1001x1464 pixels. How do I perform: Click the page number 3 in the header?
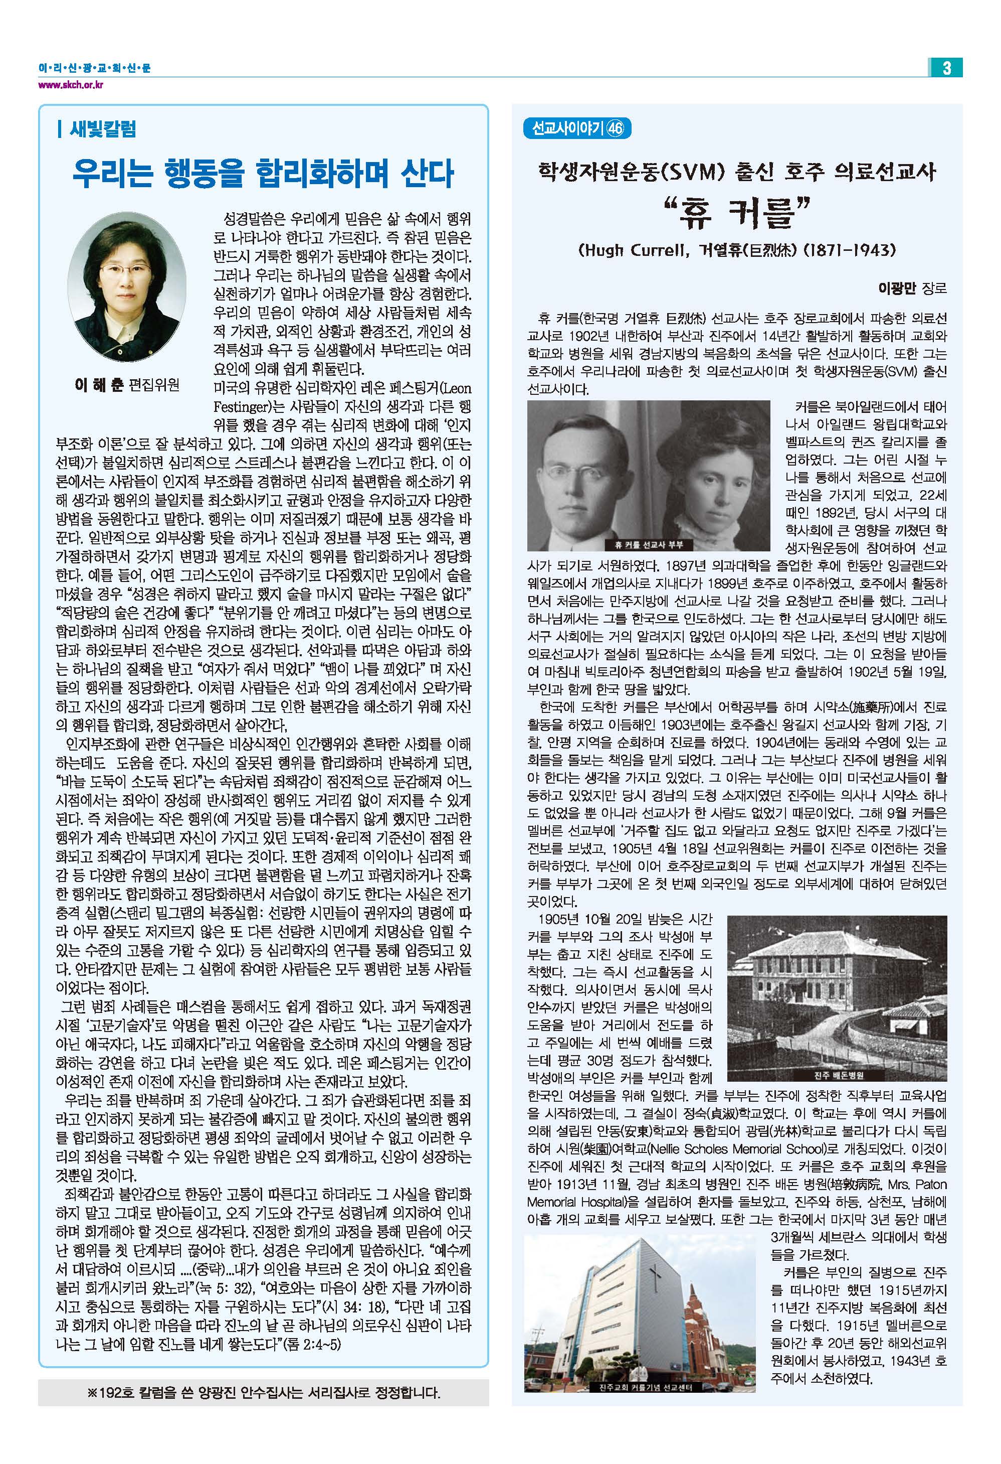945,67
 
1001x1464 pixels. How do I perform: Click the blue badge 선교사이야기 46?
577,128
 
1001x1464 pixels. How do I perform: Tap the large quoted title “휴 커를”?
736,214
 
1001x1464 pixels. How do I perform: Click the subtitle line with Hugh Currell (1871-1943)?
736,251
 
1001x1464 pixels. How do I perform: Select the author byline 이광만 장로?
912,288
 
